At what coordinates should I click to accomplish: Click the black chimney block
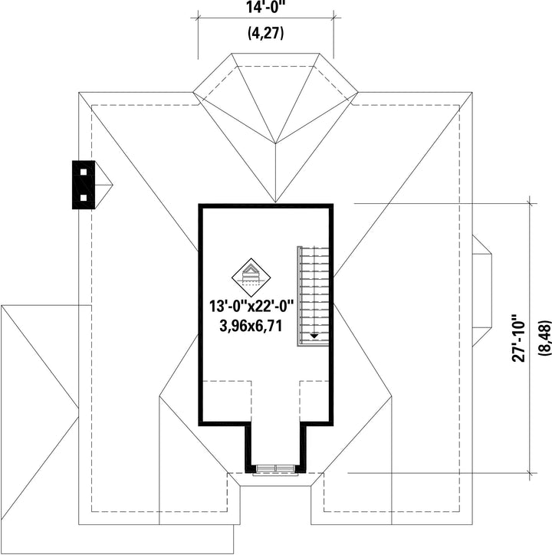click(x=83, y=184)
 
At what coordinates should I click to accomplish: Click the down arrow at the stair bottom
click(x=314, y=335)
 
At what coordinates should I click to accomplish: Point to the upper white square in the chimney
click(x=83, y=172)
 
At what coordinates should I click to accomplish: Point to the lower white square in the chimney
click(x=83, y=197)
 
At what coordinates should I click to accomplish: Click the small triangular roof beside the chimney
click(x=103, y=184)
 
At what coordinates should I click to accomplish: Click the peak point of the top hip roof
click(x=275, y=143)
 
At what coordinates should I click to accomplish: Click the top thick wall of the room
click(x=266, y=205)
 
